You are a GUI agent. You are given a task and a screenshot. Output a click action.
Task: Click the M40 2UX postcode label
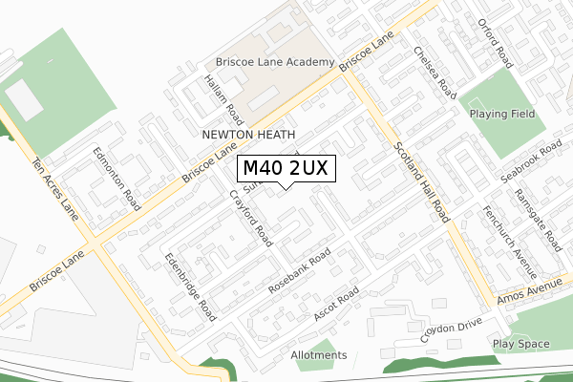pyautogui.click(x=286, y=168)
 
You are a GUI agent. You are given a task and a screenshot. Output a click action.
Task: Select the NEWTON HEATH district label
pyautogui.click(x=246, y=136)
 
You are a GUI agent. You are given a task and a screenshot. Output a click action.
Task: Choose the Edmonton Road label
pyautogui.click(x=116, y=179)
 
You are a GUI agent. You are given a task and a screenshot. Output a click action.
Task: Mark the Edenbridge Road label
pyautogui.click(x=189, y=286)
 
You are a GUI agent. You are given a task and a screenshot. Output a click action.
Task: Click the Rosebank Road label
pyautogui.click(x=300, y=270)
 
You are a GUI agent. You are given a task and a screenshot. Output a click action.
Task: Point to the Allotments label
pyautogui.click(x=319, y=355)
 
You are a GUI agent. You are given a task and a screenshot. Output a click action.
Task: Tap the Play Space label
pyautogui.click(x=521, y=343)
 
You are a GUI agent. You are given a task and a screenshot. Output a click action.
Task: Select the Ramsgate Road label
pyautogui.click(x=539, y=218)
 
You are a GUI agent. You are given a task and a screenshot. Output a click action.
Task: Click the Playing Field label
pyautogui.click(x=502, y=114)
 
